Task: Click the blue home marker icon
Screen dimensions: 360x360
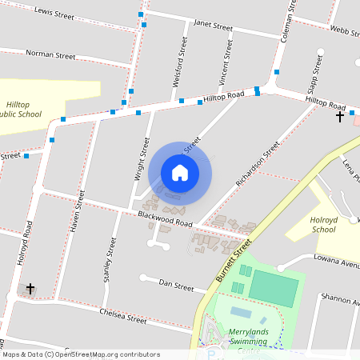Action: (x=180, y=172)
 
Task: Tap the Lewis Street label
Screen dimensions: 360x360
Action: (x=54, y=14)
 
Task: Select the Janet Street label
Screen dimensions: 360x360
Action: (x=213, y=26)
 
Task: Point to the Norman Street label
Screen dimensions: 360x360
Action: (x=50, y=55)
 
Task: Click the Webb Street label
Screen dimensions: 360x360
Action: (x=345, y=30)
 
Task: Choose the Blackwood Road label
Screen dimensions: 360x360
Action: (x=165, y=218)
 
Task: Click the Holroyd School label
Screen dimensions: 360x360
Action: (x=323, y=224)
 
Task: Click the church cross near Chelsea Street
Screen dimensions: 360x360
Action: (x=30, y=288)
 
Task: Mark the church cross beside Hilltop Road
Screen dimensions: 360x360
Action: (x=340, y=117)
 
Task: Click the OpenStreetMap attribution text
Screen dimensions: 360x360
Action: (x=81, y=354)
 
